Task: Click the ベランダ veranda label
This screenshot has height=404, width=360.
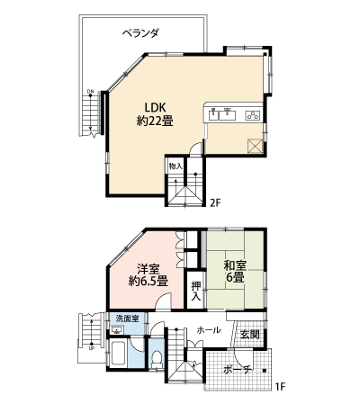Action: pos(140,32)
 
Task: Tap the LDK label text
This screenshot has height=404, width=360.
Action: pos(155,107)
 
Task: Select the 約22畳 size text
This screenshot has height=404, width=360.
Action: pos(155,121)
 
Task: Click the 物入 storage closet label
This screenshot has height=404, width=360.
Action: pos(175,166)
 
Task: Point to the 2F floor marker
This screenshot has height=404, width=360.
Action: pos(215,203)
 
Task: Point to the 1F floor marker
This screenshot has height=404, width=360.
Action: pos(280,387)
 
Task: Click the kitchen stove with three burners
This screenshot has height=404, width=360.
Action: pos(254,115)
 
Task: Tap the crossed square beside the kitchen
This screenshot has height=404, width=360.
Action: pos(256,146)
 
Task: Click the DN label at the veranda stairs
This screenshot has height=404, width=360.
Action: pos(90,91)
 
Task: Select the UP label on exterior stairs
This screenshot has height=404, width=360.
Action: pos(91,348)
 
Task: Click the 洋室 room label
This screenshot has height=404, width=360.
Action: pos(148,268)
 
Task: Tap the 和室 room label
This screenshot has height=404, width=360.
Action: pos(235,265)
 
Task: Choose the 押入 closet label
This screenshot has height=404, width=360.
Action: pos(196,291)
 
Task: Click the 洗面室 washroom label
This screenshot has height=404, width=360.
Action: pos(128,319)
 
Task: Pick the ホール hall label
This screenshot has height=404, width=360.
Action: pos(209,330)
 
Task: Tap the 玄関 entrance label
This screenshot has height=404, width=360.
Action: pos(250,335)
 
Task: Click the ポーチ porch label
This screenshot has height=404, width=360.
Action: pos(237,370)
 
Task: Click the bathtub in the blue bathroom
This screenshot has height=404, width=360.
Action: pos(117,354)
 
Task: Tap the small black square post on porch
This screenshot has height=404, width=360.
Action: pos(265,371)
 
